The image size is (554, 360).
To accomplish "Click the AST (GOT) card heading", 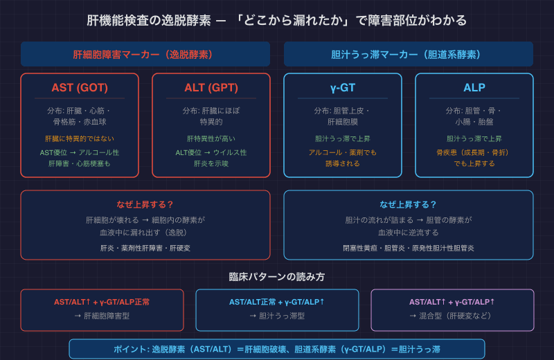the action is tap(80, 88).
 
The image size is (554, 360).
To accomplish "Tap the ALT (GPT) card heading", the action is tap(211, 88).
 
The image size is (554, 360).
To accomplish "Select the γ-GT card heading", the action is tap(343, 88).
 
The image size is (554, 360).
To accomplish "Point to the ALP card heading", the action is tap(474, 88).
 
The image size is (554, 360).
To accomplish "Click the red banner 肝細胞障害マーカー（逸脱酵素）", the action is tap(145, 55).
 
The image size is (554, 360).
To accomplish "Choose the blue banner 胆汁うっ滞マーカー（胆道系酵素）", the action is tap(409, 55).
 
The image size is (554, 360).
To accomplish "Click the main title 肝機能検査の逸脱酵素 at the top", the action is tap(149, 21).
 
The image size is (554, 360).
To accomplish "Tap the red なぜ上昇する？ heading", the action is tap(145, 204).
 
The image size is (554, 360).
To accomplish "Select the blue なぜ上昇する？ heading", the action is tap(409, 204).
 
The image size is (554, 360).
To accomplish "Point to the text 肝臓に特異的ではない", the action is tap(80, 138).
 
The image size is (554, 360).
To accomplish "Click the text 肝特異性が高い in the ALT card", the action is tap(211, 138).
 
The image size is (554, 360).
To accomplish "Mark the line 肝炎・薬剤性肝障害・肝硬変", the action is tap(145, 248).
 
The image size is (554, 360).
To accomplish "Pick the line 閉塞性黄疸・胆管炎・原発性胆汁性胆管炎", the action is tap(409, 248).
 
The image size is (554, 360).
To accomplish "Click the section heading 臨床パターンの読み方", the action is tap(277, 277).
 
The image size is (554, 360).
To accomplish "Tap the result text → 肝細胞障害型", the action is tap(102, 316).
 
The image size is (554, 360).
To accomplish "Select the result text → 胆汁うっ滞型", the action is tap(278, 316).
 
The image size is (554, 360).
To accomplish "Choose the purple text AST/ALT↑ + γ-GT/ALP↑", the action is tap(452, 302).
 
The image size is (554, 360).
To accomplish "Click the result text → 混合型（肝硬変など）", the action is tap(451, 316).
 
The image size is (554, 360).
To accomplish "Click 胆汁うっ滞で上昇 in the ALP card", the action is tap(474, 138).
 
